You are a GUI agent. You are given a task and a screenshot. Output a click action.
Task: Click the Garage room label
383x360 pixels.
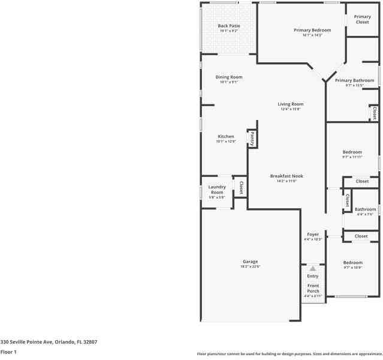click(x=250, y=262)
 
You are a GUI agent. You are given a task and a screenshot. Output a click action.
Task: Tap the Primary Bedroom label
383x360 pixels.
click(x=312, y=30)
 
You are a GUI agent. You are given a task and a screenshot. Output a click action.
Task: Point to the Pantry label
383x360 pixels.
click(x=252, y=139)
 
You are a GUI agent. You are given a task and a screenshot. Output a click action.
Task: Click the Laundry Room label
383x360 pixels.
click(x=216, y=190)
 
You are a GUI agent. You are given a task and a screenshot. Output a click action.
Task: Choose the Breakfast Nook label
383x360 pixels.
click(x=286, y=176)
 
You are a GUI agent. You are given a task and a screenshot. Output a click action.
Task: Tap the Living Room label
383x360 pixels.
click(x=290, y=104)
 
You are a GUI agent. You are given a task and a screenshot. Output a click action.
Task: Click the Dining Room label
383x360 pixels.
click(x=228, y=77)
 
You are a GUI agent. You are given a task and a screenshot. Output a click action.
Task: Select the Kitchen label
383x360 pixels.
click(x=225, y=136)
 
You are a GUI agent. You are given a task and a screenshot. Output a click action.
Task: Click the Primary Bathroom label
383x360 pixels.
click(x=354, y=80)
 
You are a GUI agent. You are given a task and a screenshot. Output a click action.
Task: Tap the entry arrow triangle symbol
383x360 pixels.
click(x=312, y=269)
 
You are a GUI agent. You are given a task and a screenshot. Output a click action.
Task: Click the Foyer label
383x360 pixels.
click(x=313, y=234)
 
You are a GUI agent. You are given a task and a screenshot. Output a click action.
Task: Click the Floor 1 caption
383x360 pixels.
click(x=8, y=352)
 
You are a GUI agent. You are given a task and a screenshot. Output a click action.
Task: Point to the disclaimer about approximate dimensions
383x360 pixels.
click(x=289, y=353)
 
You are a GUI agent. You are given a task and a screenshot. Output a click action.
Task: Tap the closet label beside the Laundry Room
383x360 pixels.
click(x=240, y=188)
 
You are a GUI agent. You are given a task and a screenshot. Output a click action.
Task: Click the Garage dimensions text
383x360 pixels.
click(x=250, y=266)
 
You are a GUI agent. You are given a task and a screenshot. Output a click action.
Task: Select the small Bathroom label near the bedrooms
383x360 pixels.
click(x=365, y=209)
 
